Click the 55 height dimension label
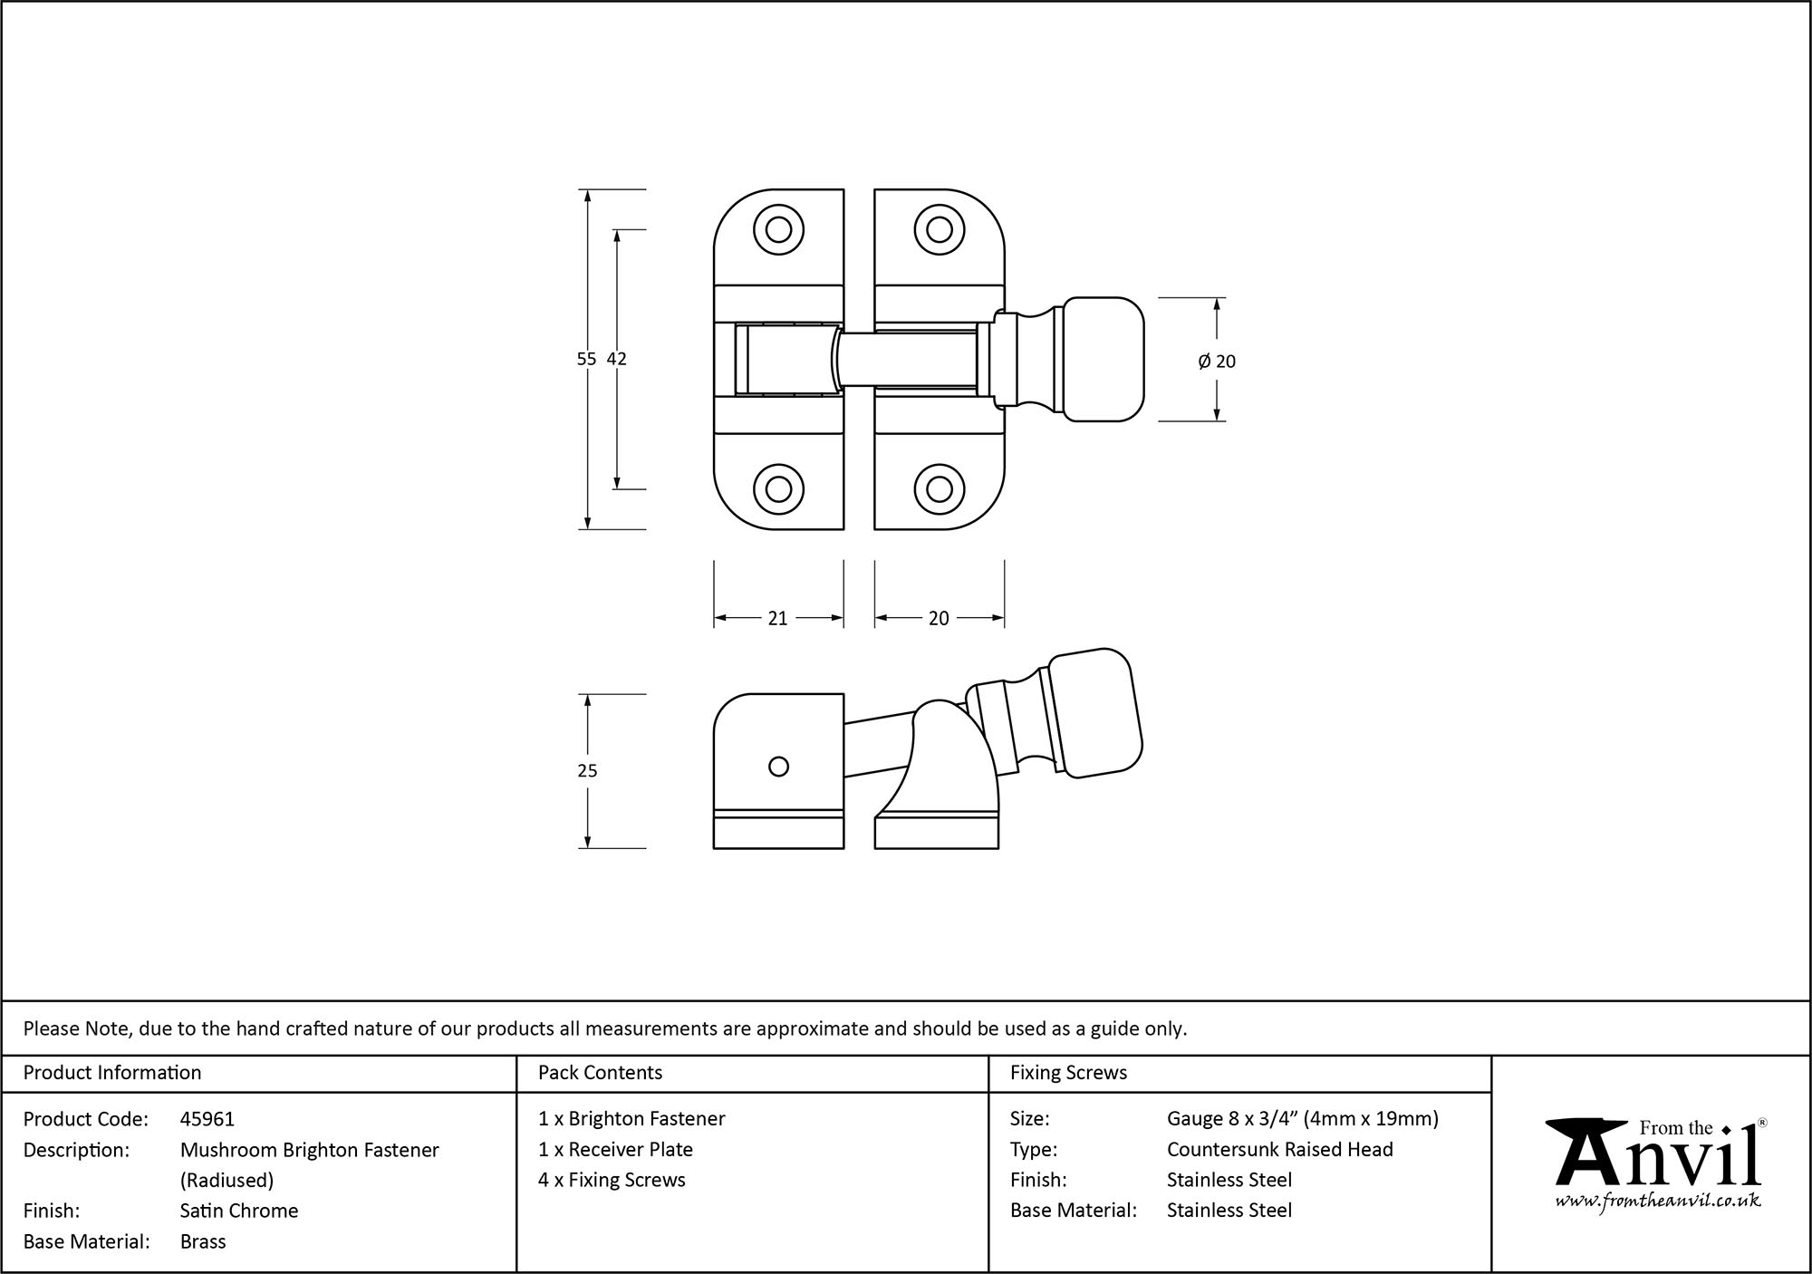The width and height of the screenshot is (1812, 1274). point(587,359)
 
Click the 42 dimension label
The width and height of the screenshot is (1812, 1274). point(617,359)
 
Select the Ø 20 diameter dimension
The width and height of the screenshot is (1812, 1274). point(1217,362)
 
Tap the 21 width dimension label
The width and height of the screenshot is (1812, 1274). point(777,618)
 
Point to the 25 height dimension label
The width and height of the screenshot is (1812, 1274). point(587,771)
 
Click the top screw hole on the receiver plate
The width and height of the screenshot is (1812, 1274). point(778,229)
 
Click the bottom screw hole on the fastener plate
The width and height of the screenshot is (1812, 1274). point(939,489)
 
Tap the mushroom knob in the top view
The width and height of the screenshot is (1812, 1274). point(1103,359)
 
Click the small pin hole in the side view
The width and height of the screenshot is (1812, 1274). point(778,767)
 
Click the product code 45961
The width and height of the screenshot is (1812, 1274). point(207,1119)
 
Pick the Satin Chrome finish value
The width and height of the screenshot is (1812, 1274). point(239,1211)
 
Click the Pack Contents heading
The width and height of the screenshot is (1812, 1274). point(600,1073)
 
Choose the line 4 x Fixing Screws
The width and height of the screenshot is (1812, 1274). point(612,1180)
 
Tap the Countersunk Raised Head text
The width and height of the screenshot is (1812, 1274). point(1279,1149)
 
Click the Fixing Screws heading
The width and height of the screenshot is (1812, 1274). point(1068,1073)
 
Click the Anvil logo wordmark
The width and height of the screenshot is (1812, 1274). point(1658,1160)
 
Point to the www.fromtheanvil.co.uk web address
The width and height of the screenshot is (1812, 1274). point(1658,1202)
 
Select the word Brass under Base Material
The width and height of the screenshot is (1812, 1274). point(203,1241)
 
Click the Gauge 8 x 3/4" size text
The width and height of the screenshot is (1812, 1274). point(1302,1119)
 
